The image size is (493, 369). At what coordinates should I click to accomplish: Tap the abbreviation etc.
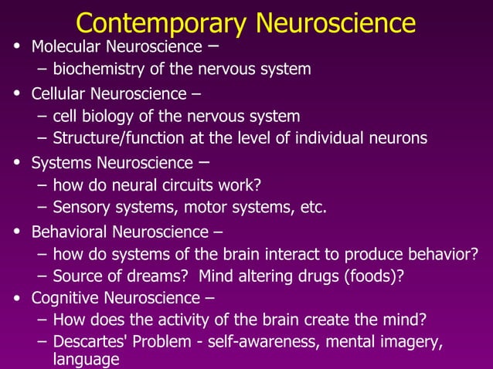(314, 208)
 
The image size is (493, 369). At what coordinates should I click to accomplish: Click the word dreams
(156, 276)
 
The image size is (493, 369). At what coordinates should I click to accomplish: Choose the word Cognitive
(61, 298)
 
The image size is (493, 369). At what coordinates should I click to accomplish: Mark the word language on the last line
(86, 360)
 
